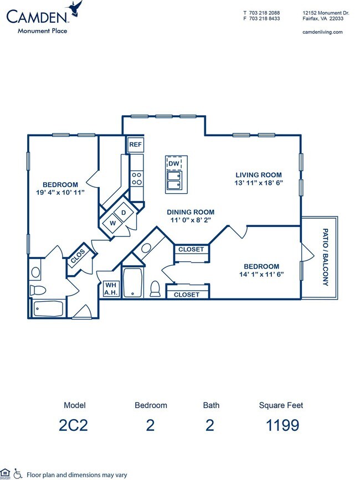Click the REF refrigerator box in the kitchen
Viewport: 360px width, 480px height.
[136, 145]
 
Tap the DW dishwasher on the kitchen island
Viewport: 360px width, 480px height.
[173, 164]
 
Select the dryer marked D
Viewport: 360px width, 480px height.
[124, 213]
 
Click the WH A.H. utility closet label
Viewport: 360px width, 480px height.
[109, 288]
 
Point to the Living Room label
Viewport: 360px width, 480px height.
[258, 175]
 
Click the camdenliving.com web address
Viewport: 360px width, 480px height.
[322, 32]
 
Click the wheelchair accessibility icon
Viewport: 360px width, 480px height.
[18, 473]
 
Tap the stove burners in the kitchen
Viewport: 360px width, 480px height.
[136, 178]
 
